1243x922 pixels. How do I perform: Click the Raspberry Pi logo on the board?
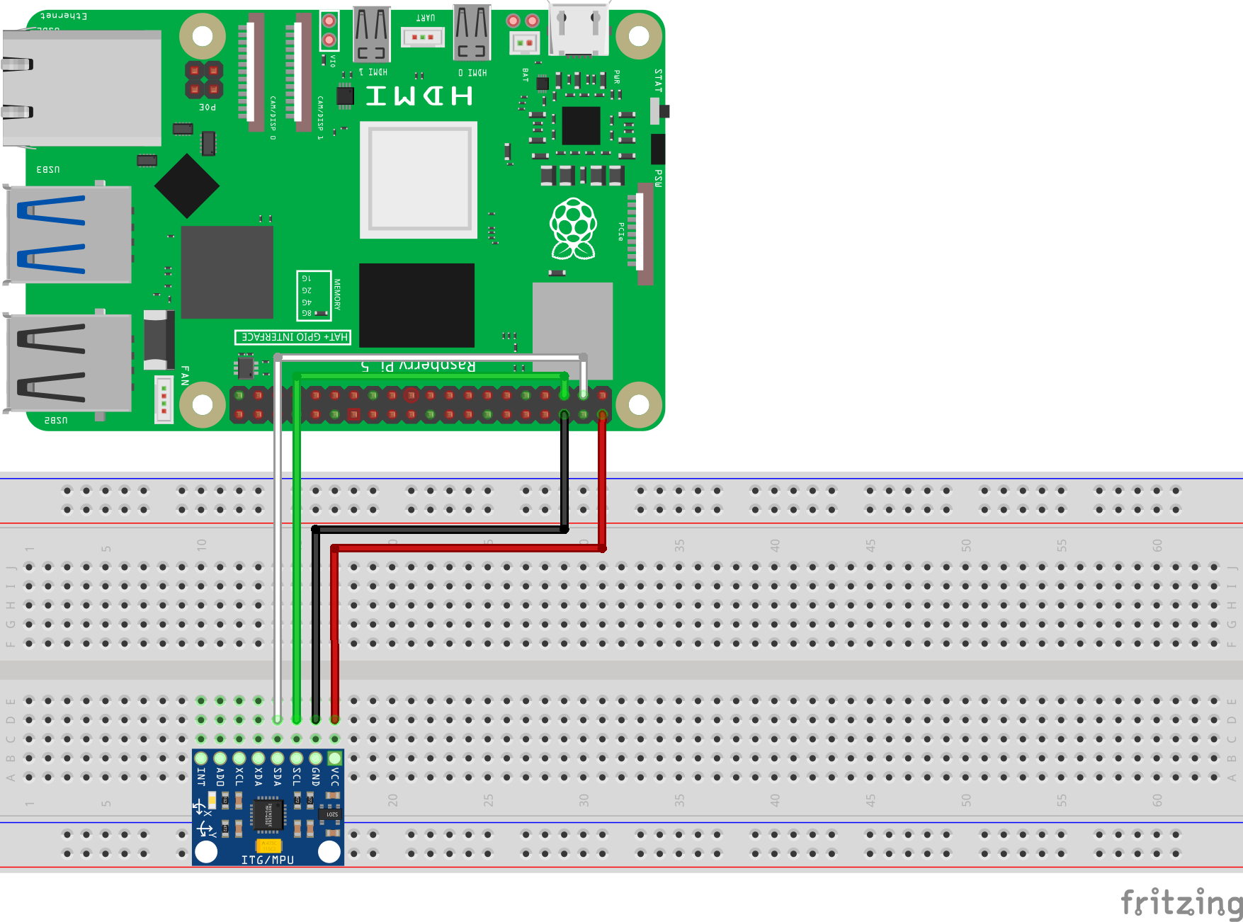(x=573, y=228)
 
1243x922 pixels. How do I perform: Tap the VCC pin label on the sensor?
(x=335, y=777)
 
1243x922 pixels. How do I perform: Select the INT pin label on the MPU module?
(x=201, y=777)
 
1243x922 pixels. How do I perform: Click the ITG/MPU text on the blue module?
(x=267, y=859)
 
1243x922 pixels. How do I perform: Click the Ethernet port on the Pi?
(x=81, y=88)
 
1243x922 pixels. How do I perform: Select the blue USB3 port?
(x=69, y=234)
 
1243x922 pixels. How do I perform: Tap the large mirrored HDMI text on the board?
(x=419, y=96)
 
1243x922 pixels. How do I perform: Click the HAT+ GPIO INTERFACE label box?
(x=293, y=337)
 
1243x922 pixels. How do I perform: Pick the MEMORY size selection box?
(x=313, y=295)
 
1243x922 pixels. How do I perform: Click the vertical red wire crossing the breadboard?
(x=334, y=630)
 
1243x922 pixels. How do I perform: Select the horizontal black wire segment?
(x=439, y=529)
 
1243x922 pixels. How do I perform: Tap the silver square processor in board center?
(x=419, y=179)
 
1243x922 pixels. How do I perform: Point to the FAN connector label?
(x=185, y=375)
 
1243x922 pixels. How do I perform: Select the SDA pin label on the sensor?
(x=278, y=777)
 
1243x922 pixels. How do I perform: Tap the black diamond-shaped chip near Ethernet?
(x=186, y=186)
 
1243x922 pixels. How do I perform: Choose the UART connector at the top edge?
(x=422, y=36)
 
